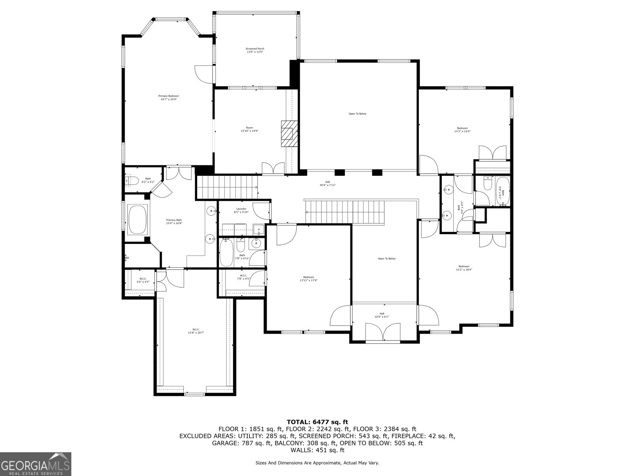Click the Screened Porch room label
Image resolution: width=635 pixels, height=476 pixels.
[255, 50]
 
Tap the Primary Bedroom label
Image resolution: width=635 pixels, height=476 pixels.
[169, 98]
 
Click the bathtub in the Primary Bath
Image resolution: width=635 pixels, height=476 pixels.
[137, 220]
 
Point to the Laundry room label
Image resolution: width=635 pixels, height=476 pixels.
[241, 210]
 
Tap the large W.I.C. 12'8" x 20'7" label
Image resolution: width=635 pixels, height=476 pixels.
[196, 331]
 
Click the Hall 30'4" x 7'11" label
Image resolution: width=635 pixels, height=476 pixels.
[327, 183]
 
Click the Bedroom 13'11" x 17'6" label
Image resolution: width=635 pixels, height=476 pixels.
[308, 278]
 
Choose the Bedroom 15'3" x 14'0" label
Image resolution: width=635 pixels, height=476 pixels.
[462, 130]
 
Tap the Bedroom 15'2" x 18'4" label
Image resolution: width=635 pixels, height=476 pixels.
[464, 268]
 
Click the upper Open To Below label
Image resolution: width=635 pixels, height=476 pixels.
[357, 114]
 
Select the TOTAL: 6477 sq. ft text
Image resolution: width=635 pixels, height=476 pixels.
[317, 422]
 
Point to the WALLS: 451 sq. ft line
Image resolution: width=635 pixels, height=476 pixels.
[317, 450]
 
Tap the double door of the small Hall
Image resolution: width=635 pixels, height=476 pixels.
[383, 332]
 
